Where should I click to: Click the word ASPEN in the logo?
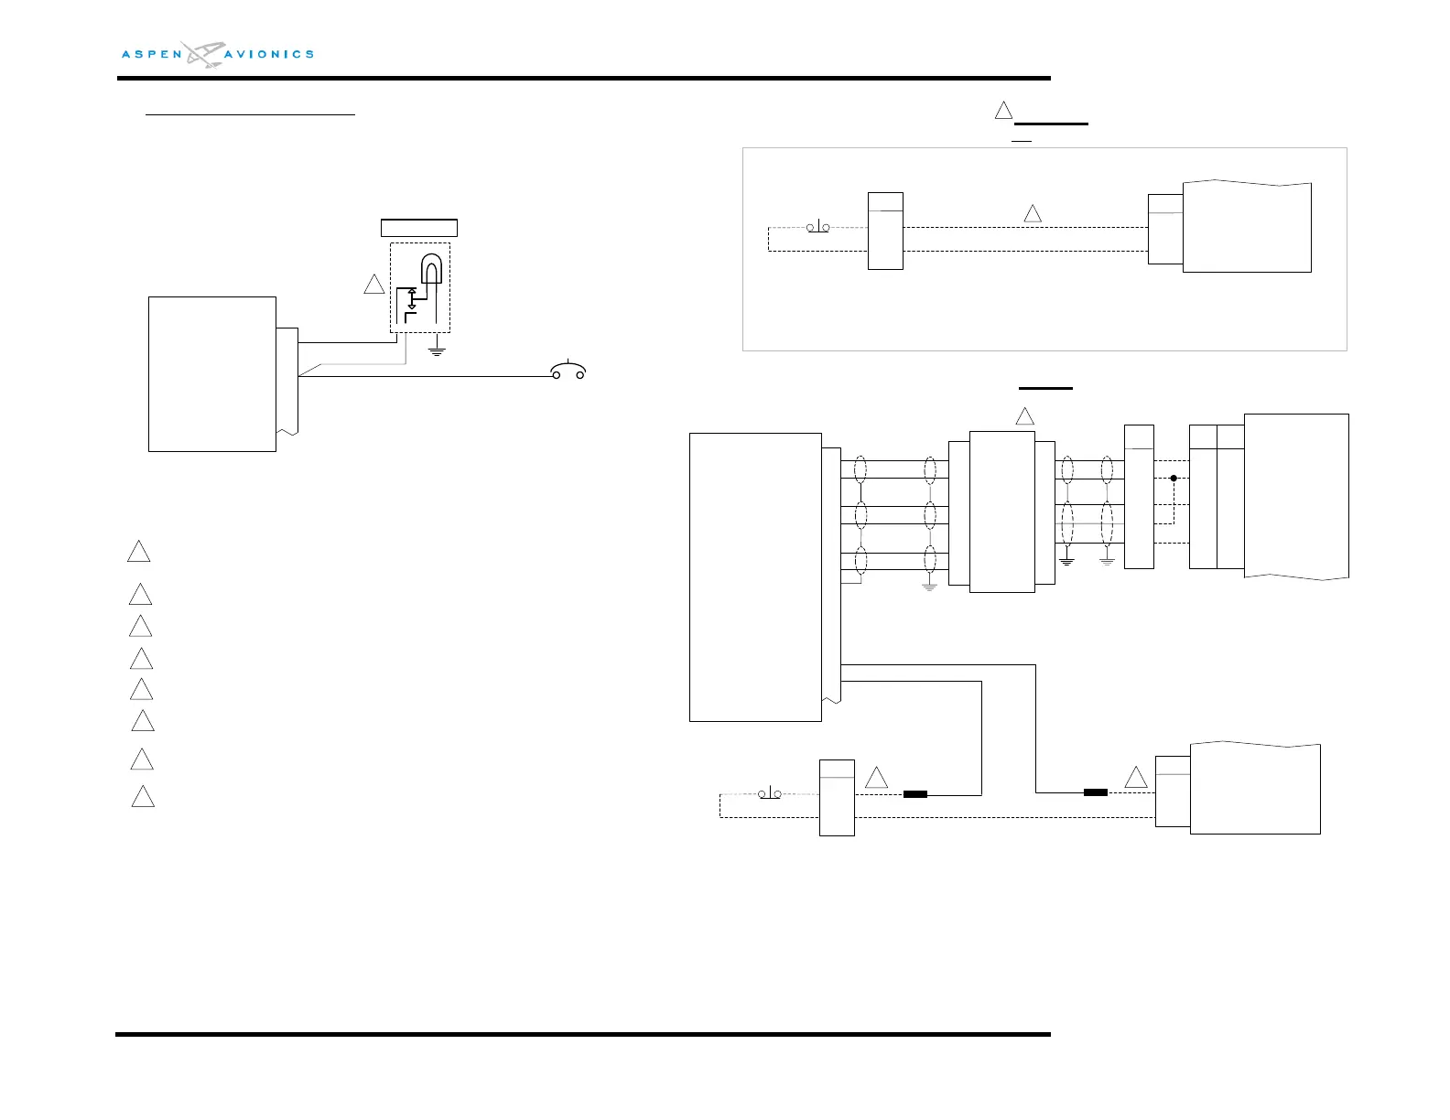pyautogui.click(x=152, y=54)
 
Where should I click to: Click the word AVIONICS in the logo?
pyautogui.click(x=269, y=54)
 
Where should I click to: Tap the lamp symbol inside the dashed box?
pyautogui.click(x=431, y=270)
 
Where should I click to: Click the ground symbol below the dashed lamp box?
pyautogui.click(x=437, y=350)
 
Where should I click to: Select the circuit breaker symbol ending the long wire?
pyautogui.click(x=568, y=371)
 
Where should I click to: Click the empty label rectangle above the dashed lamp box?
pyautogui.click(x=418, y=228)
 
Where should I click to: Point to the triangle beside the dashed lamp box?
pyautogui.click(x=373, y=285)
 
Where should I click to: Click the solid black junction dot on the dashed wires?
pyautogui.click(x=1174, y=478)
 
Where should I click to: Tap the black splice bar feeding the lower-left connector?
pyautogui.click(x=914, y=794)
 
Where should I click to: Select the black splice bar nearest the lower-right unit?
pyautogui.click(x=1096, y=792)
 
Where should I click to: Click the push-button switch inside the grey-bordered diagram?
pyautogui.click(x=817, y=227)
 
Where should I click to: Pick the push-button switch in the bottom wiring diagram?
pyautogui.click(x=770, y=792)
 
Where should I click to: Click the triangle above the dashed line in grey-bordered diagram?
pyautogui.click(x=1032, y=214)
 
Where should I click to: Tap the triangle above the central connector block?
pyautogui.click(x=1024, y=417)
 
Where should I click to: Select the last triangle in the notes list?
pyautogui.click(x=142, y=797)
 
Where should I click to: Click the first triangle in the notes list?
pyautogui.click(x=138, y=552)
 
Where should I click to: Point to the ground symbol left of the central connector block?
pyautogui.click(x=929, y=587)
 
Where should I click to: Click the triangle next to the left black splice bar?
pyautogui.click(x=876, y=778)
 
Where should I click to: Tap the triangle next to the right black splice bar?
pyautogui.click(x=1135, y=778)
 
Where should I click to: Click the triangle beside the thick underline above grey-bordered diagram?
pyautogui.click(x=1003, y=111)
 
